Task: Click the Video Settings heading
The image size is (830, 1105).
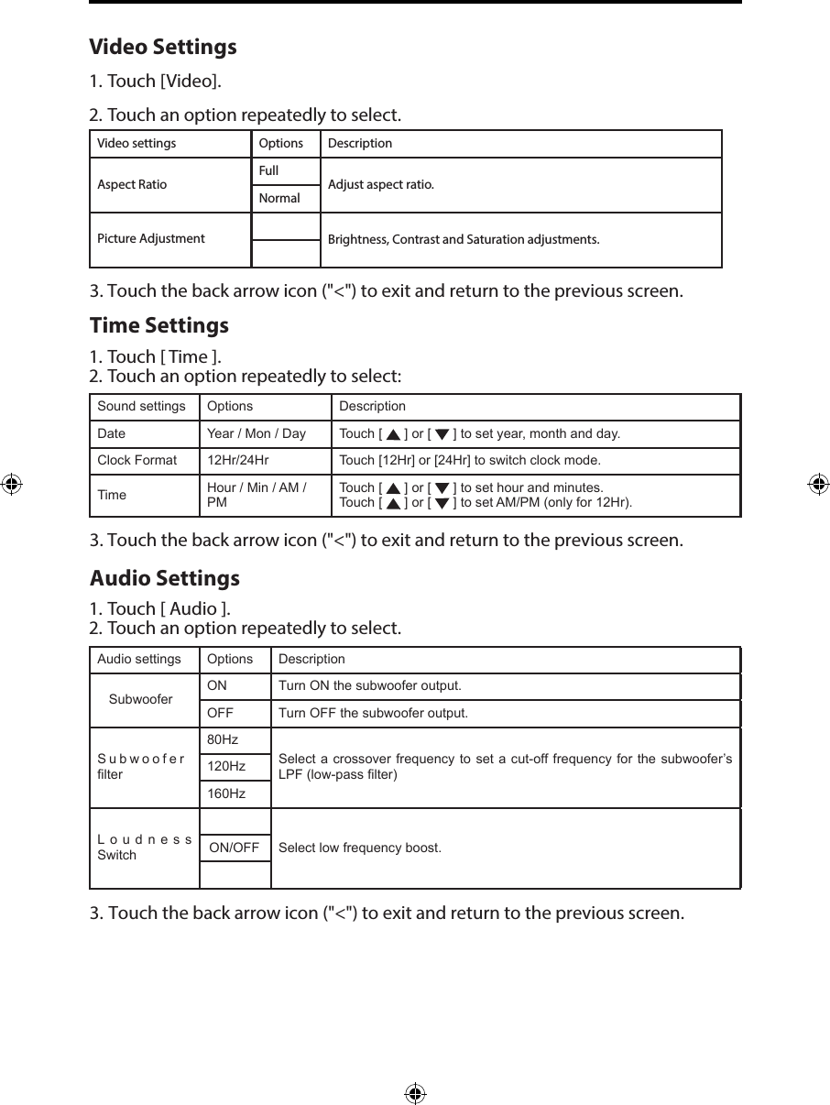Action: pos(162,47)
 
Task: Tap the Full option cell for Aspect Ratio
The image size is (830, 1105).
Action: pos(285,171)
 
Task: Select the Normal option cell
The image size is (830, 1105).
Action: pos(285,198)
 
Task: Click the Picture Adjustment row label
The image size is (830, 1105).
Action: pos(151,238)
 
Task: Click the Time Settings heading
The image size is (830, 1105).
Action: pos(158,325)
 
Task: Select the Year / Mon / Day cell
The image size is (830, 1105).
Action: pos(257,433)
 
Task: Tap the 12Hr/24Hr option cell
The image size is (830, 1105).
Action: pos(238,460)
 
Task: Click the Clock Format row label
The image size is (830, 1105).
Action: pos(137,460)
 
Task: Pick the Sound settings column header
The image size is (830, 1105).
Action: pos(141,406)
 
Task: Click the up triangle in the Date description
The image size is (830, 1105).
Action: pos(392,434)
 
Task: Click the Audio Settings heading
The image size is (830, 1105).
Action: pos(164,578)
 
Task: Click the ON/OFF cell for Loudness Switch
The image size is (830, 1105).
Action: pos(235,848)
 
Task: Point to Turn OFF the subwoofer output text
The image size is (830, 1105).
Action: pos(373,713)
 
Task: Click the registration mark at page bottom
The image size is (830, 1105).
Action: pos(415,1093)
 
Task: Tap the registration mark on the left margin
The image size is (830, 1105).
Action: pos(10,485)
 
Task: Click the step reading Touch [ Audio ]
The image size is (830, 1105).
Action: pos(159,608)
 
